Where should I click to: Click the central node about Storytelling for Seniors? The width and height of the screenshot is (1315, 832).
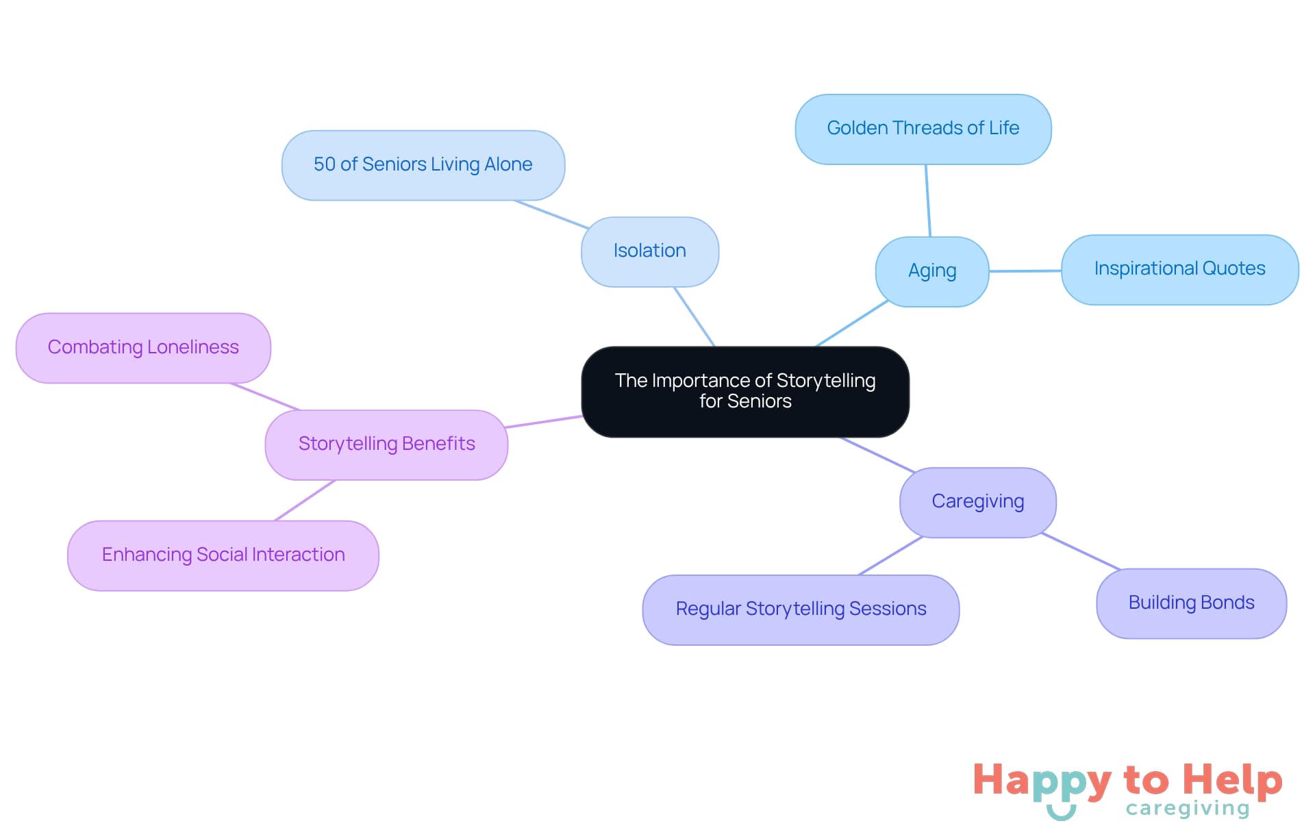tap(745, 391)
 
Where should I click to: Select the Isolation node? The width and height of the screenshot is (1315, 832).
tap(649, 251)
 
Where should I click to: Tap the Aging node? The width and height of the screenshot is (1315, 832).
tap(931, 271)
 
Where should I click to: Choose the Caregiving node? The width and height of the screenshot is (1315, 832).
tap(977, 502)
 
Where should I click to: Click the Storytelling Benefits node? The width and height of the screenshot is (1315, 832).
tap(386, 444)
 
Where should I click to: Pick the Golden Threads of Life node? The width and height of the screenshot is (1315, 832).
tap(923, 129)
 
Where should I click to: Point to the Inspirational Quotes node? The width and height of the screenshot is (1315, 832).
tap(1179, 269)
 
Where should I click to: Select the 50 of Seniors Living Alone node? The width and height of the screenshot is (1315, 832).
tap(423, 165)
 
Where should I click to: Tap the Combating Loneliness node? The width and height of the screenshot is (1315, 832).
tap(143, 348)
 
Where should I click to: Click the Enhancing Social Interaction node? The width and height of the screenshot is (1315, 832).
tap(223, 555)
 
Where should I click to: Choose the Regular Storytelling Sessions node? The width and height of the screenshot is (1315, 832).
tap(800, 609)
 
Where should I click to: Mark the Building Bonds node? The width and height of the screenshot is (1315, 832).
tap(1191, 603)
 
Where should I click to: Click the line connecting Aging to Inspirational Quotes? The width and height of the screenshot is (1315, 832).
tap(1025, 271)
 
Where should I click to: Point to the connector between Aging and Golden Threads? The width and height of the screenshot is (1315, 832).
tap(928, 200)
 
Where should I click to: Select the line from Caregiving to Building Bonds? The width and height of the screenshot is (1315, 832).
tap(1081, 552)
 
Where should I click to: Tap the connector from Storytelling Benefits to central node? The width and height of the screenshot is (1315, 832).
tap(544, 422)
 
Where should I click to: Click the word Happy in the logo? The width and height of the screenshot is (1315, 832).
tap(1041, 781)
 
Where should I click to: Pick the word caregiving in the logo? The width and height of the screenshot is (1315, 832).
tap(1187, 809)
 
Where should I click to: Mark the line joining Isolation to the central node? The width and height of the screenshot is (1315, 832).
tap(694, 316)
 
